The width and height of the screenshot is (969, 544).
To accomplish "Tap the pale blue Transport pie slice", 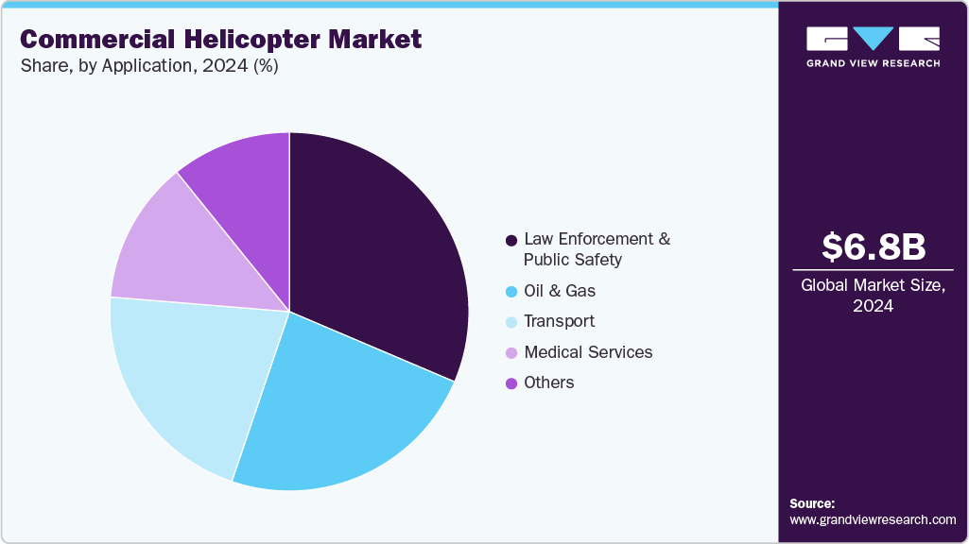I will tap(189, 378).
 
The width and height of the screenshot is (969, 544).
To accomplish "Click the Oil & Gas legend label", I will tap(560, 291).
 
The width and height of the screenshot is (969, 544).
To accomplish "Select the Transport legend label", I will tap(559, 321).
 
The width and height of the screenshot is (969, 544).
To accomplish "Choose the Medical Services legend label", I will tap(588, 352).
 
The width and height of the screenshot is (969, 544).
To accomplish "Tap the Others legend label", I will tap(548, 382).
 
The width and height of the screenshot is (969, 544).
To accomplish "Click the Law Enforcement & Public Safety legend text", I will tap(597, 248).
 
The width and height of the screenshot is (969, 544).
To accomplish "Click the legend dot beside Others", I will tap(511, 383).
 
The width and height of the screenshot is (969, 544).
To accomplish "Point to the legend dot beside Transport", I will tap(511, 322).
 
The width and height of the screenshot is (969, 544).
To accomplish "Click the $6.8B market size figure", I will tap(873, 246).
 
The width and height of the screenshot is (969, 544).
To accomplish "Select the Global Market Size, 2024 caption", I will tap(873, 296).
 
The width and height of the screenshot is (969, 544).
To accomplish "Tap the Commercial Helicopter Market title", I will tap(220, 39).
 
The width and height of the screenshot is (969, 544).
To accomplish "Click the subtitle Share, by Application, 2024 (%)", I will tap(148, 66).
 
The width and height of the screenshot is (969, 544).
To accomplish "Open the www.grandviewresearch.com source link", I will tap(873, 520).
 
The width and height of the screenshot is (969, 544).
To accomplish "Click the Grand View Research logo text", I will tap(873, 63).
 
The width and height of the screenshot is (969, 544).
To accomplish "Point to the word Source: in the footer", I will tap(812, 503).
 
